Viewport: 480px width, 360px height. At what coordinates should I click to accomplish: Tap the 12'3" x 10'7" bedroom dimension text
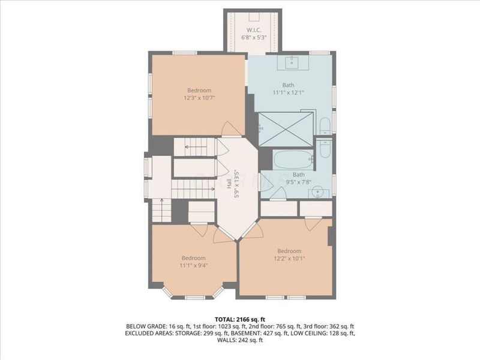(199, 98)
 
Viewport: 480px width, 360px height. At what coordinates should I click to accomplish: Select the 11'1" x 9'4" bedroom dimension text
(194, 266)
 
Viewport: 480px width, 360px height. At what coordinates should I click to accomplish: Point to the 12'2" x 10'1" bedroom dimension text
(289, 259)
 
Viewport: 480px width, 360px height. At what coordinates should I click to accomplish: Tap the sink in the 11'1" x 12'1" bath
(293, 61)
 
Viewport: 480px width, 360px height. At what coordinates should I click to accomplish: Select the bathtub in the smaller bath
(293, 161)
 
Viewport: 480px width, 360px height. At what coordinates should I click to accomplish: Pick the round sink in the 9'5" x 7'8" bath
(319, 192)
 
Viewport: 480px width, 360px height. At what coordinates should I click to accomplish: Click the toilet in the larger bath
(325, 126)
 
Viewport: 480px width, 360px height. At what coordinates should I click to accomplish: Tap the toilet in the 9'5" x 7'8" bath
(325, 147)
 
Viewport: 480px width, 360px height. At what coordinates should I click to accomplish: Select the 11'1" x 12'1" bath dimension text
(289, 92)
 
